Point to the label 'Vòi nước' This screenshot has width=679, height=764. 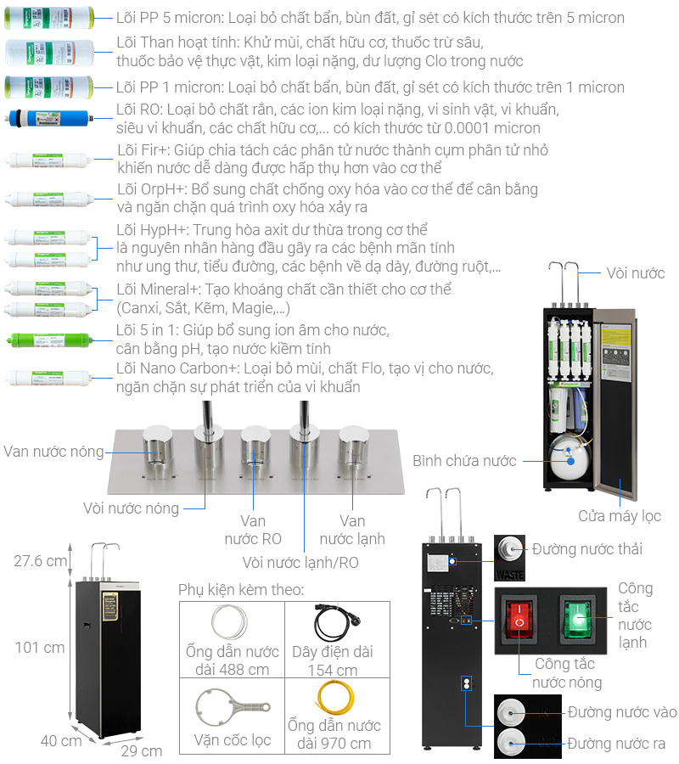[635, 273]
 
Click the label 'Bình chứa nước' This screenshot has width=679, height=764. [464, 461]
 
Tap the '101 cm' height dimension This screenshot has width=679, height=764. [39, 648]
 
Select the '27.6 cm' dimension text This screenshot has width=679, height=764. [39, 561]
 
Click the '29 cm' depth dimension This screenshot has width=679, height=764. [141, 751]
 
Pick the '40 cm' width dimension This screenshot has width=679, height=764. [62, 740]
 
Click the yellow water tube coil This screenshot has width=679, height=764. [333, 696]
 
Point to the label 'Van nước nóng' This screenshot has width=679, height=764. [53, 452]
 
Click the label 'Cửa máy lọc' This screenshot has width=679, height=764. [619, 516]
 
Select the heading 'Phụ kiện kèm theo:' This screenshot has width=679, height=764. [241, 590]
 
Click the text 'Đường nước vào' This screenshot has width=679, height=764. [622, 712]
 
